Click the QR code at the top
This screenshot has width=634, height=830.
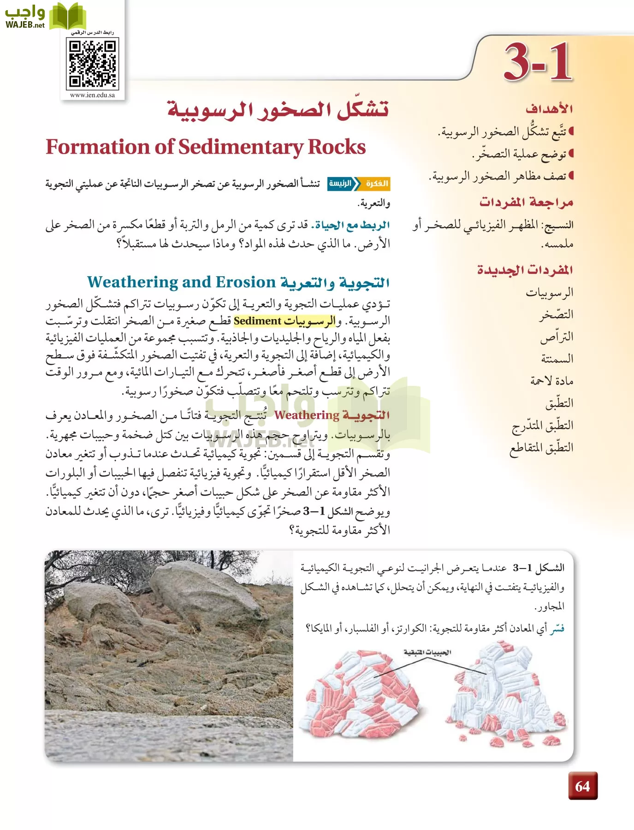pos(93,63)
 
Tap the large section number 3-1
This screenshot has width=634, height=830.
pos(538,62)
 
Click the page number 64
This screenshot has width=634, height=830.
pos(582,786)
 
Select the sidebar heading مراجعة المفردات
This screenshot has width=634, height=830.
pos(526,202)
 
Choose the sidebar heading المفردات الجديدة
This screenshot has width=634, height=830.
pos(525,270)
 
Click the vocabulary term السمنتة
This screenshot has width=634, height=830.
pos(557,358)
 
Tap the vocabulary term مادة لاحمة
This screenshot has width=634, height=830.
pos(551,380)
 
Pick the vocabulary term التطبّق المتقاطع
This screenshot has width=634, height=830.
pos(541,447)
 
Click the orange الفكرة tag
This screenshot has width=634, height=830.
pos(377,184)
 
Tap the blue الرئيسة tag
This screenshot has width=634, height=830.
pos(340,184)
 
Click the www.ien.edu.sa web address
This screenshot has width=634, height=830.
pos(92,95)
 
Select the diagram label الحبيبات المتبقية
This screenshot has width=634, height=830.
pos(427,652)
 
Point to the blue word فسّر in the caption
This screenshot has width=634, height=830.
pos(557,628)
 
